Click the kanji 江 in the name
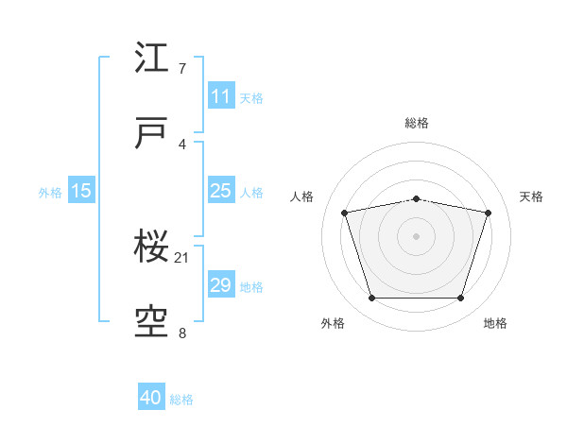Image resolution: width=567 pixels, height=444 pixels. pyautogui.click(x=151, y=57)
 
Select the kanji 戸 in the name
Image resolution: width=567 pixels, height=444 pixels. pyautogui.click(x=151, y=132)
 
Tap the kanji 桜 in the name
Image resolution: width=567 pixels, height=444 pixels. pyautogui.click(x=151, y=246)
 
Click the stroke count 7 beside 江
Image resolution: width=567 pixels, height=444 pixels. pyautogui.click(x=182, y=68)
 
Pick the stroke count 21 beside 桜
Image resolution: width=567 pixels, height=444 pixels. pyautogui.click(x=181, y=258)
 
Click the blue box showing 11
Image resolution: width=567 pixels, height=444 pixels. pyautogui.click(x=221, y=95)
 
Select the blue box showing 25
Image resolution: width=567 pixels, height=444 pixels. pyautogui.click(x=221, y=190)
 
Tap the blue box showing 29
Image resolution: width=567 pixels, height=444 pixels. pyautogui.click(x=221, y=283)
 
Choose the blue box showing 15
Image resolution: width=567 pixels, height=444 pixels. pyautogui.click(x=81, y=190)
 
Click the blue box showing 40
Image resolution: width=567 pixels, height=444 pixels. pyautogui.click(x=151, y=396)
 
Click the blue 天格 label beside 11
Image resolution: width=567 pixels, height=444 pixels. pyautogui.click(x=251, y=98)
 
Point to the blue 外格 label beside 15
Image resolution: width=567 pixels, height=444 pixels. pyautogui.click(x=50, y=193)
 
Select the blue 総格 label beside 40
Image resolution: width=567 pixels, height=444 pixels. pyautogui.click(x=181, y=400)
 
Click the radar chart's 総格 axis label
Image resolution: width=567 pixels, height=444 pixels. pyautogui.click(x=417, y=123)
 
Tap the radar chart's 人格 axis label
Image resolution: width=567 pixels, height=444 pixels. pyautogui.click(x=301, y=196)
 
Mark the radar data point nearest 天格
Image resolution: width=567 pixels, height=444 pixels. pyautogui.click(x=488, y=213)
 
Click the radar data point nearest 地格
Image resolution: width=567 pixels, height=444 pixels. pyautogui.click(x=460, y=298)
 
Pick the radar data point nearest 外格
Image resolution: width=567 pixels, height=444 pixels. pyautogui.click(x=372, y=298)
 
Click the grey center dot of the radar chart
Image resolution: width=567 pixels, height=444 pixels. pyautogui.click(x=416, y=236)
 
